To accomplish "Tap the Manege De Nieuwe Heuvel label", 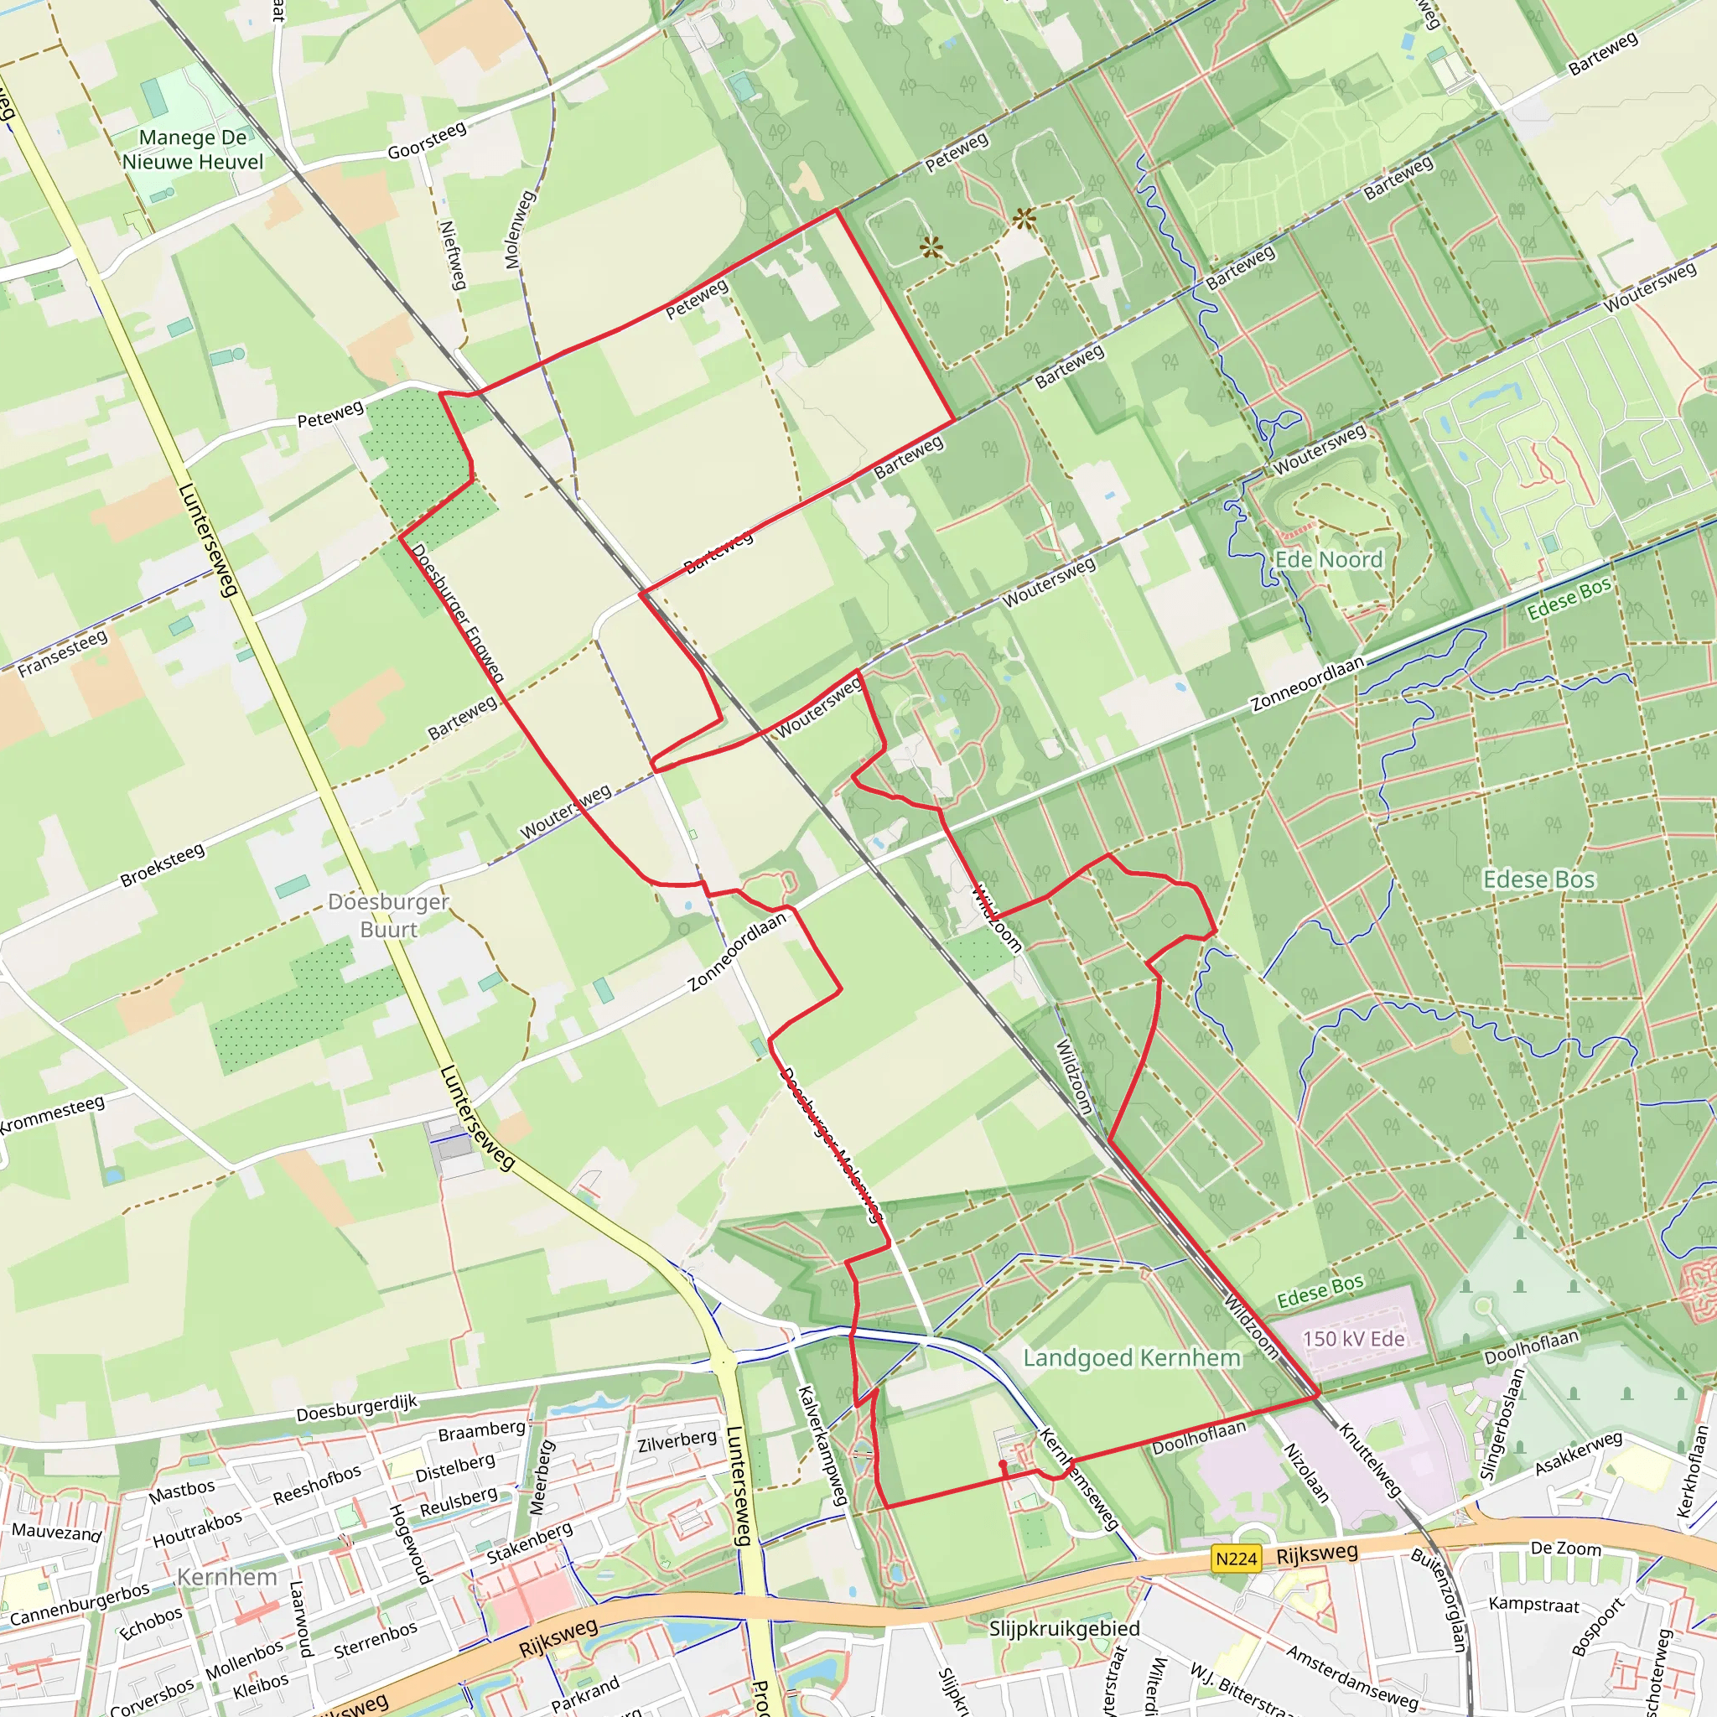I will coord(193,149).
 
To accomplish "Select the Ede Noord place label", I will coord(1329,559).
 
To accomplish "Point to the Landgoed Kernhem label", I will coord(1131,1358).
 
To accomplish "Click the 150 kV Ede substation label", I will coord(1353,1339).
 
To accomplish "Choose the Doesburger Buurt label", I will coord(388,915).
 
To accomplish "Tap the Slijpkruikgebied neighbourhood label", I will coord(1064,1629).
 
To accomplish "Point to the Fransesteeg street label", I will coord(63,653).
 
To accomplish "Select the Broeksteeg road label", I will coord(163,865).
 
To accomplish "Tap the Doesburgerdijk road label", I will coord(356,1408).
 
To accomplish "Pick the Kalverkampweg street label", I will coord(823,1446).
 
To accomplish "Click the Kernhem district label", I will coord(227,1577).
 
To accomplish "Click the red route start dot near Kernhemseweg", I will coord(1003,1464).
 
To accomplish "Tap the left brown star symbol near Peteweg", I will coord(931,247).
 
